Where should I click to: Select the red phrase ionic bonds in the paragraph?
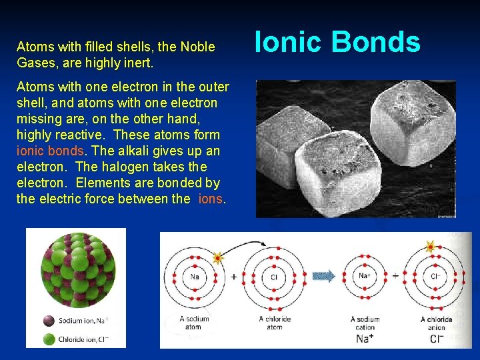50,151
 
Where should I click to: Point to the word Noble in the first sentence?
197,47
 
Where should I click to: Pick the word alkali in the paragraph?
131,151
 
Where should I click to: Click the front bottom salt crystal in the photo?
309,180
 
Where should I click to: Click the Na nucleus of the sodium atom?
193,277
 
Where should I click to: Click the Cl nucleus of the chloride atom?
274,277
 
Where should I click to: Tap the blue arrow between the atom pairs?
325,276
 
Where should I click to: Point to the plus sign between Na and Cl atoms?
234,276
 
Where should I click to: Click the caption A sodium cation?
365,323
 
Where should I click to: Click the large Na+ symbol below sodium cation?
365,339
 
